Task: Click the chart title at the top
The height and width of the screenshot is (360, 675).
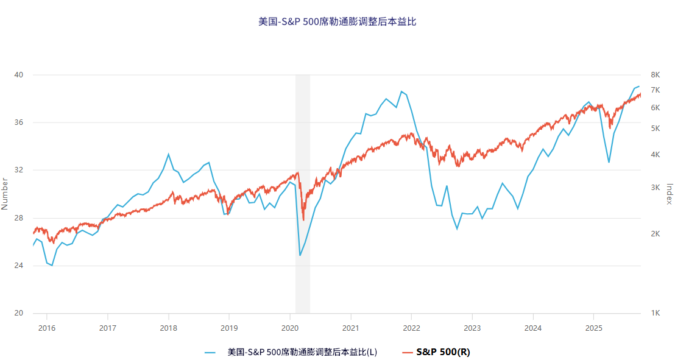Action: click(x=337, y=21)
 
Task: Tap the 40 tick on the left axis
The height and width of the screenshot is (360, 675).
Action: click(x=19, y=75)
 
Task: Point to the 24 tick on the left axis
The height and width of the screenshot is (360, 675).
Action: click(x=19, y=266)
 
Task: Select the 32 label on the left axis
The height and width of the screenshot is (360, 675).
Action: click(x=19, y=171)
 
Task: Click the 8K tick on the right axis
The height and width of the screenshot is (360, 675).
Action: click(x=656, y=75)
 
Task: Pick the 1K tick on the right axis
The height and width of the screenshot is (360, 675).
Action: click(x=656, y=313)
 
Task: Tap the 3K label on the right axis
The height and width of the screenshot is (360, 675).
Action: click(x=656, y=187)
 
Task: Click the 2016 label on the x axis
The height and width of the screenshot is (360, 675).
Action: click(x=47, y=328)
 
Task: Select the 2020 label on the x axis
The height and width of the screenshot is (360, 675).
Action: click(x=290, y=328)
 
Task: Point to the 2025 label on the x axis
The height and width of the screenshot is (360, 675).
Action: click(x=594, y=328)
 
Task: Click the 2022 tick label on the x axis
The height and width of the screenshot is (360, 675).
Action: click(x=412, y=328)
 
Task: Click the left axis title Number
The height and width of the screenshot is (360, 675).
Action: click(x=5, y=194)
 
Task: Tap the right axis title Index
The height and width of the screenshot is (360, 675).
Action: click(x=669, y=194)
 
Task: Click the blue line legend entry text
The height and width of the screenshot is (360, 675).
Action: click(x=302, y=352)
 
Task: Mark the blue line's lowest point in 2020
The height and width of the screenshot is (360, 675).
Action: click(x=300, y=255)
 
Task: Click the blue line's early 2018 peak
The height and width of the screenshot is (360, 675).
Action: click(x=169, y=154)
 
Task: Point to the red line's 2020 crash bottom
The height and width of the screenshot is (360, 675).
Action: click(x=303, y=220)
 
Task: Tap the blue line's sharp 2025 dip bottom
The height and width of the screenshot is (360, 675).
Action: click(x=609, y=163)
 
